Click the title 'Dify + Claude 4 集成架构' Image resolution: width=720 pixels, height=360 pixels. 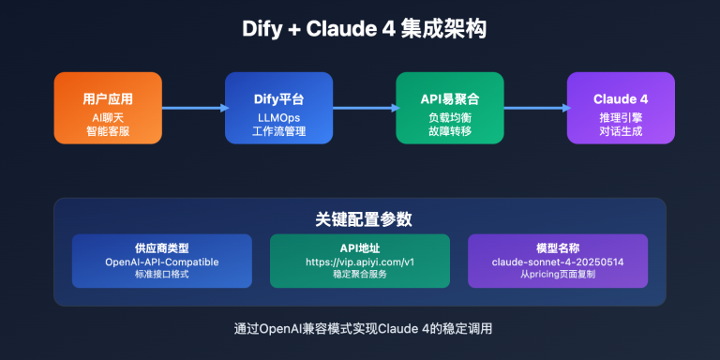(359, 30)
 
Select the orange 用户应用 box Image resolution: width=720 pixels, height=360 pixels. (108, 108)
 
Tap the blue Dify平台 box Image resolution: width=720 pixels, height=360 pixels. (278, 108)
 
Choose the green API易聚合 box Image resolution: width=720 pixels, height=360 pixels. (449, 108)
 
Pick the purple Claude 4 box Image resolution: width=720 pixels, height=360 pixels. (621, 108)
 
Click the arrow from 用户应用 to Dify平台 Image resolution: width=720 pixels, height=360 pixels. (193, 108)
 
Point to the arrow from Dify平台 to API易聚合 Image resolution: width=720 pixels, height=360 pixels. (364, 108)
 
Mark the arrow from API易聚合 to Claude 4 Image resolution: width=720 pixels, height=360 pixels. (534, 108)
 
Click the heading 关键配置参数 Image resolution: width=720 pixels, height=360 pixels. (359, 218)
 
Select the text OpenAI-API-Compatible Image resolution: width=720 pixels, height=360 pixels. (162, 262)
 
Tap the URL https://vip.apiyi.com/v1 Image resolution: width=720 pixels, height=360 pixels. (359, 262)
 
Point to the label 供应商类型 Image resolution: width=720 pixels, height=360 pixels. (162, 247)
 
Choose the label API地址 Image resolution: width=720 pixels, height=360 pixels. (359, 247)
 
